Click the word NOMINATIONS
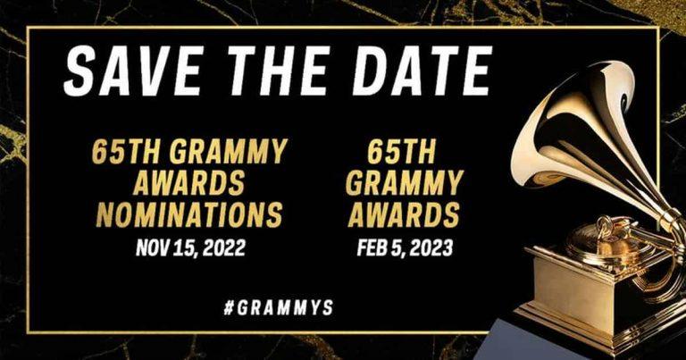click(x=189, y=214)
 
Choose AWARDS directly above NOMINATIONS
click(x=189, y=184)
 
